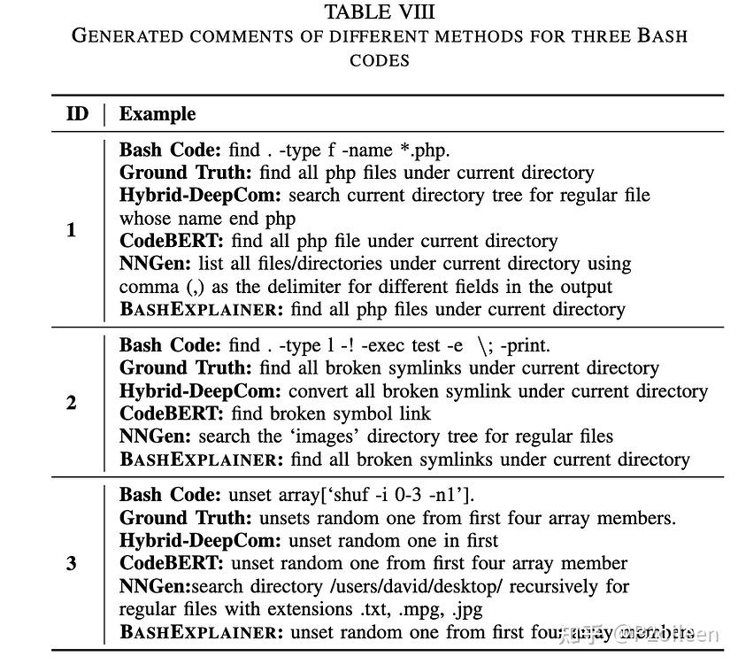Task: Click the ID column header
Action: pyautogui.click(x=78, y=114)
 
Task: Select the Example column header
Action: pyautogui.click(x=158, y=114)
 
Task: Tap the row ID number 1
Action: pyautogui.click(x=72, y=230)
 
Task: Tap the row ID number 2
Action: pyautogui.click(x=72, y=403)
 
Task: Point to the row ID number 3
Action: pyautogui.click(x=72, y=564)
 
